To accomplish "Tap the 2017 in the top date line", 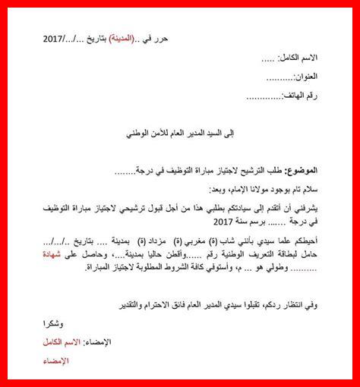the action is click(x=57, y=38).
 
